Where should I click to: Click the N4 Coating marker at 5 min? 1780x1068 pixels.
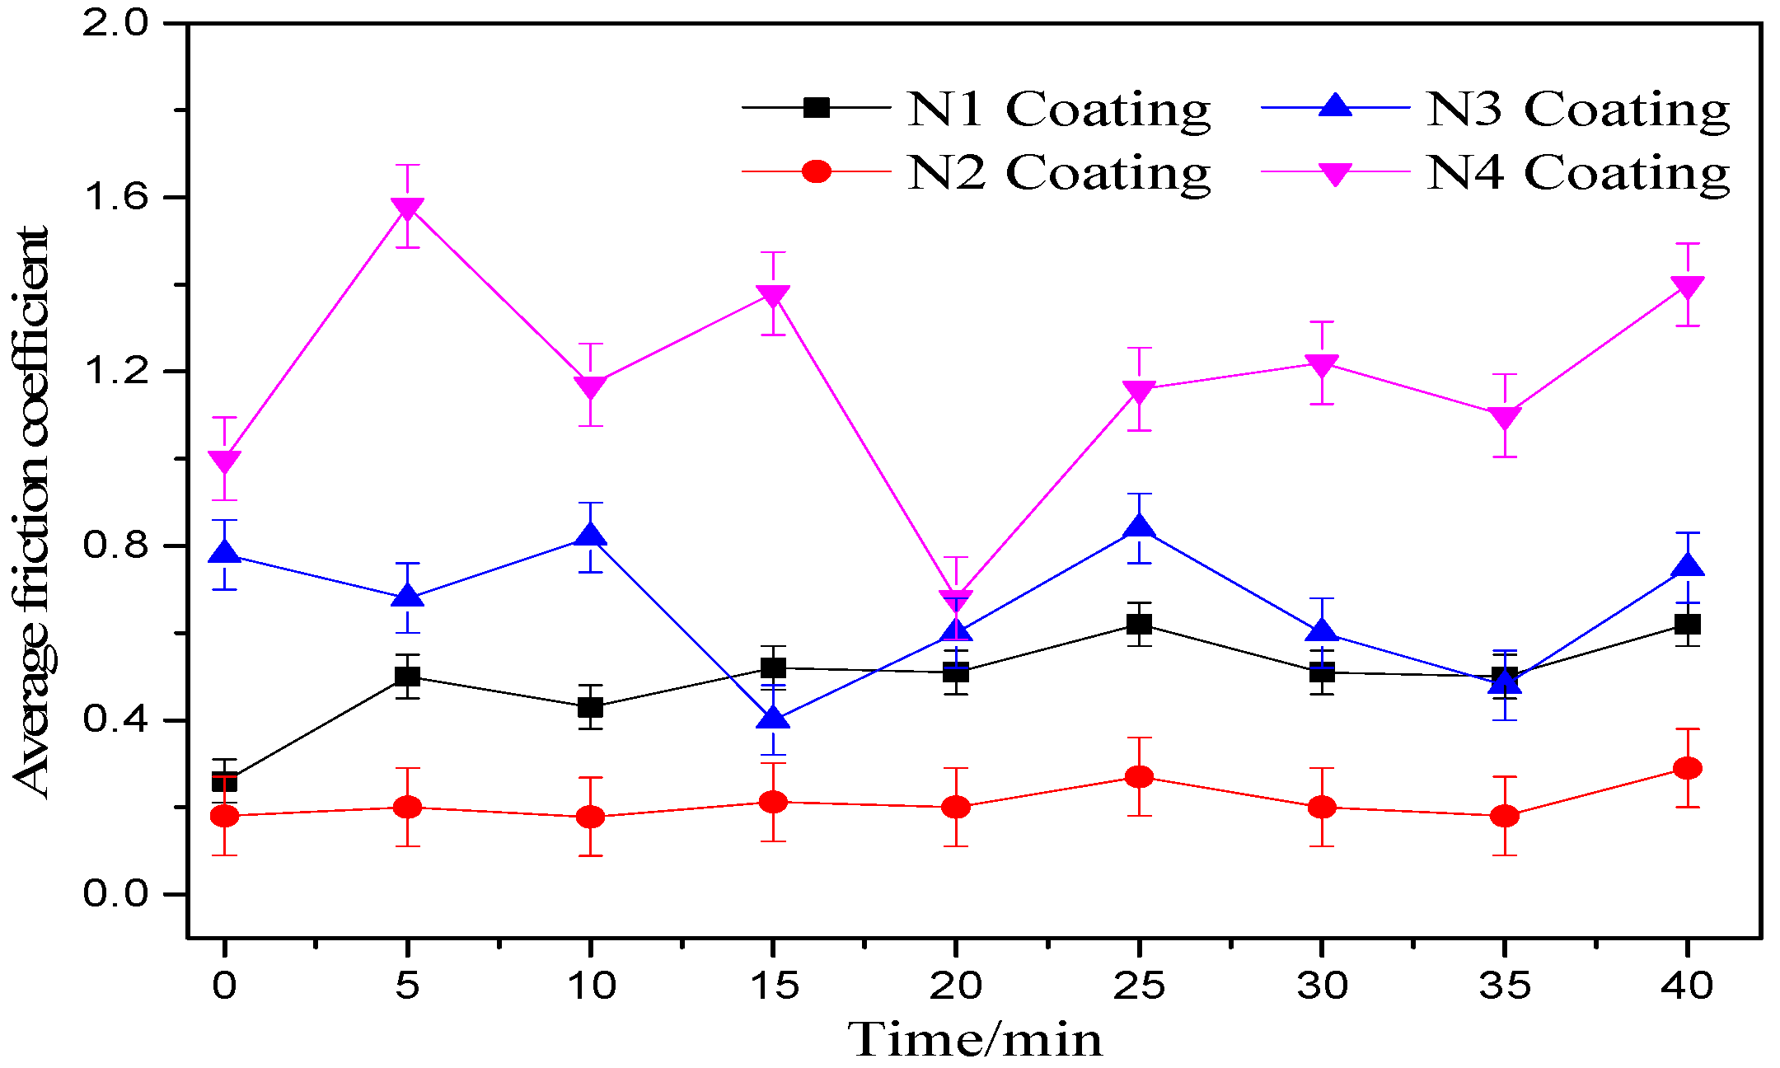(408, 208)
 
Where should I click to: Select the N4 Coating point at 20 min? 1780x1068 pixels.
(956, 599)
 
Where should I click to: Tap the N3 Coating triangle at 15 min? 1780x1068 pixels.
(773, 719)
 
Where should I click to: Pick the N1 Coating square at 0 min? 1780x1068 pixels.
(225, 780)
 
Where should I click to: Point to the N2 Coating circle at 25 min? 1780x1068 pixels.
(1139, 776)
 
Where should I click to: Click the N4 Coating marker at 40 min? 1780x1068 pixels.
(1688, 286)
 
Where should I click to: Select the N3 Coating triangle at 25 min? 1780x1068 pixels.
(1139, 528)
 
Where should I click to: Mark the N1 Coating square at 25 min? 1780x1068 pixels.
(1139, 625)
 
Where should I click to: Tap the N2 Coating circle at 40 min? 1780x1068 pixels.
(1688, 768)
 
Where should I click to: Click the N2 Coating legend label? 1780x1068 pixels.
(1058, 172)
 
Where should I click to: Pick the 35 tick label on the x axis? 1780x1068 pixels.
(1505, 986)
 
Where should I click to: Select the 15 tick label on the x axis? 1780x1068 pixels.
(773, 986)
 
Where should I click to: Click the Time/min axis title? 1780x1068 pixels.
(974, 1040)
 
